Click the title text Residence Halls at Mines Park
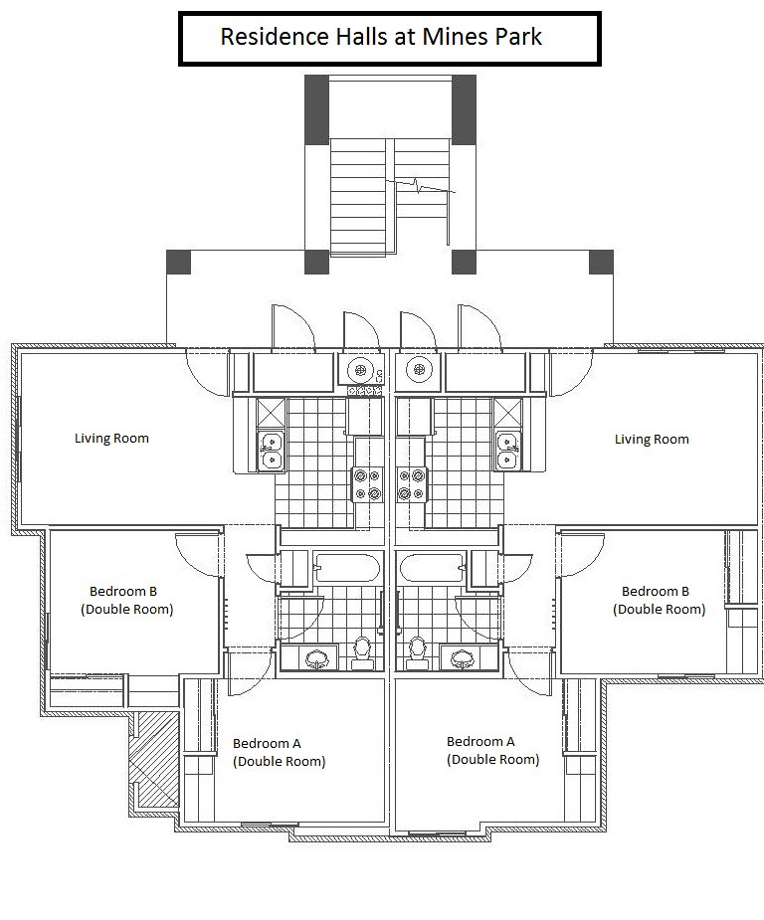381,37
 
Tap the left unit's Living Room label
111,439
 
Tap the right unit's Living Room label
652,440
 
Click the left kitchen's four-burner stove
367,484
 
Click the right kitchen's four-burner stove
411,484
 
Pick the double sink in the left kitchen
272,450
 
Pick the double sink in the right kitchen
507,450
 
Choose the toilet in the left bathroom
363,653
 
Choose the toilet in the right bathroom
417,653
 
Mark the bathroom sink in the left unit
317,657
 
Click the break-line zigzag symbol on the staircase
420,187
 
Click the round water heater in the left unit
359,370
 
